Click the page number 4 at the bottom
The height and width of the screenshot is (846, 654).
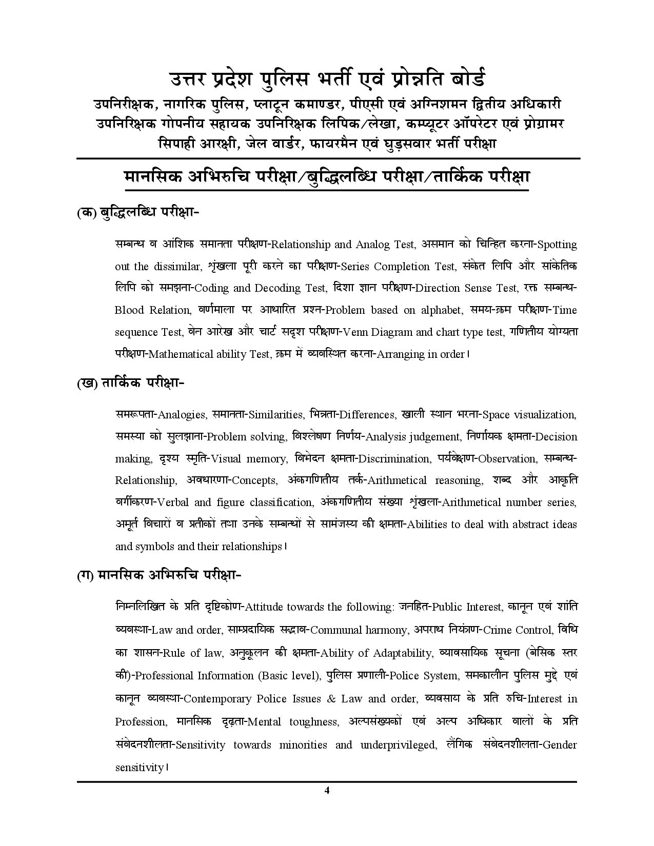pos(327,790)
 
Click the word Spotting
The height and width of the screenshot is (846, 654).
pos(557,245)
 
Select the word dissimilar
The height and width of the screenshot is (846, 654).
pos(177,266)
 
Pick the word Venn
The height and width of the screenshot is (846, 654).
pos(355,332)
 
